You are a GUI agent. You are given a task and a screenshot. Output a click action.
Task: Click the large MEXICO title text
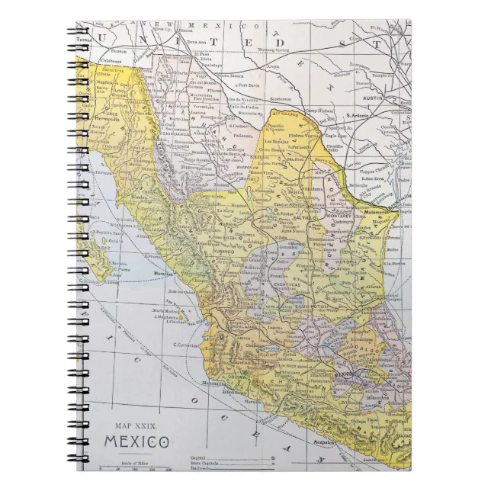(136, 442)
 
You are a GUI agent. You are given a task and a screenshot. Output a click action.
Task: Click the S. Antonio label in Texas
(358, 114)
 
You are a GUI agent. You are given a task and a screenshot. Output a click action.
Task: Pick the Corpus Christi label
(393, 163)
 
